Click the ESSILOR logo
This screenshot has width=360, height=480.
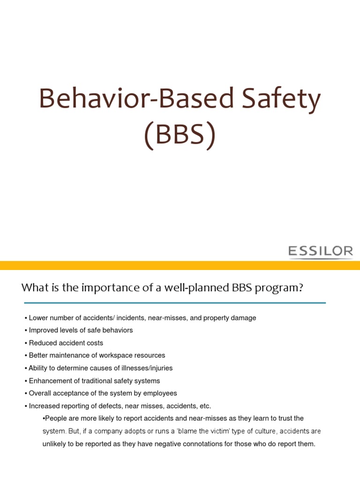click(x=321, y=252)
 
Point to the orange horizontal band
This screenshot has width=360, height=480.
click(x=180, y=265)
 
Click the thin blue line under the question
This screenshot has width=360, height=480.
click(x=173, y=303)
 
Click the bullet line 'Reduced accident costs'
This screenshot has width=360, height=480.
click(x=66, y=343)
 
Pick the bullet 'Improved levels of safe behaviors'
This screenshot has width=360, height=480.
click(x=81, y=330)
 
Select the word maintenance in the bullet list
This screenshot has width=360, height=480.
click(x=73, y=355)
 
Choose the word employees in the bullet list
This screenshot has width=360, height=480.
click(x=161, y=393)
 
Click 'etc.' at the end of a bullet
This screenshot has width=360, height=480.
click(x=205, y=406)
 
